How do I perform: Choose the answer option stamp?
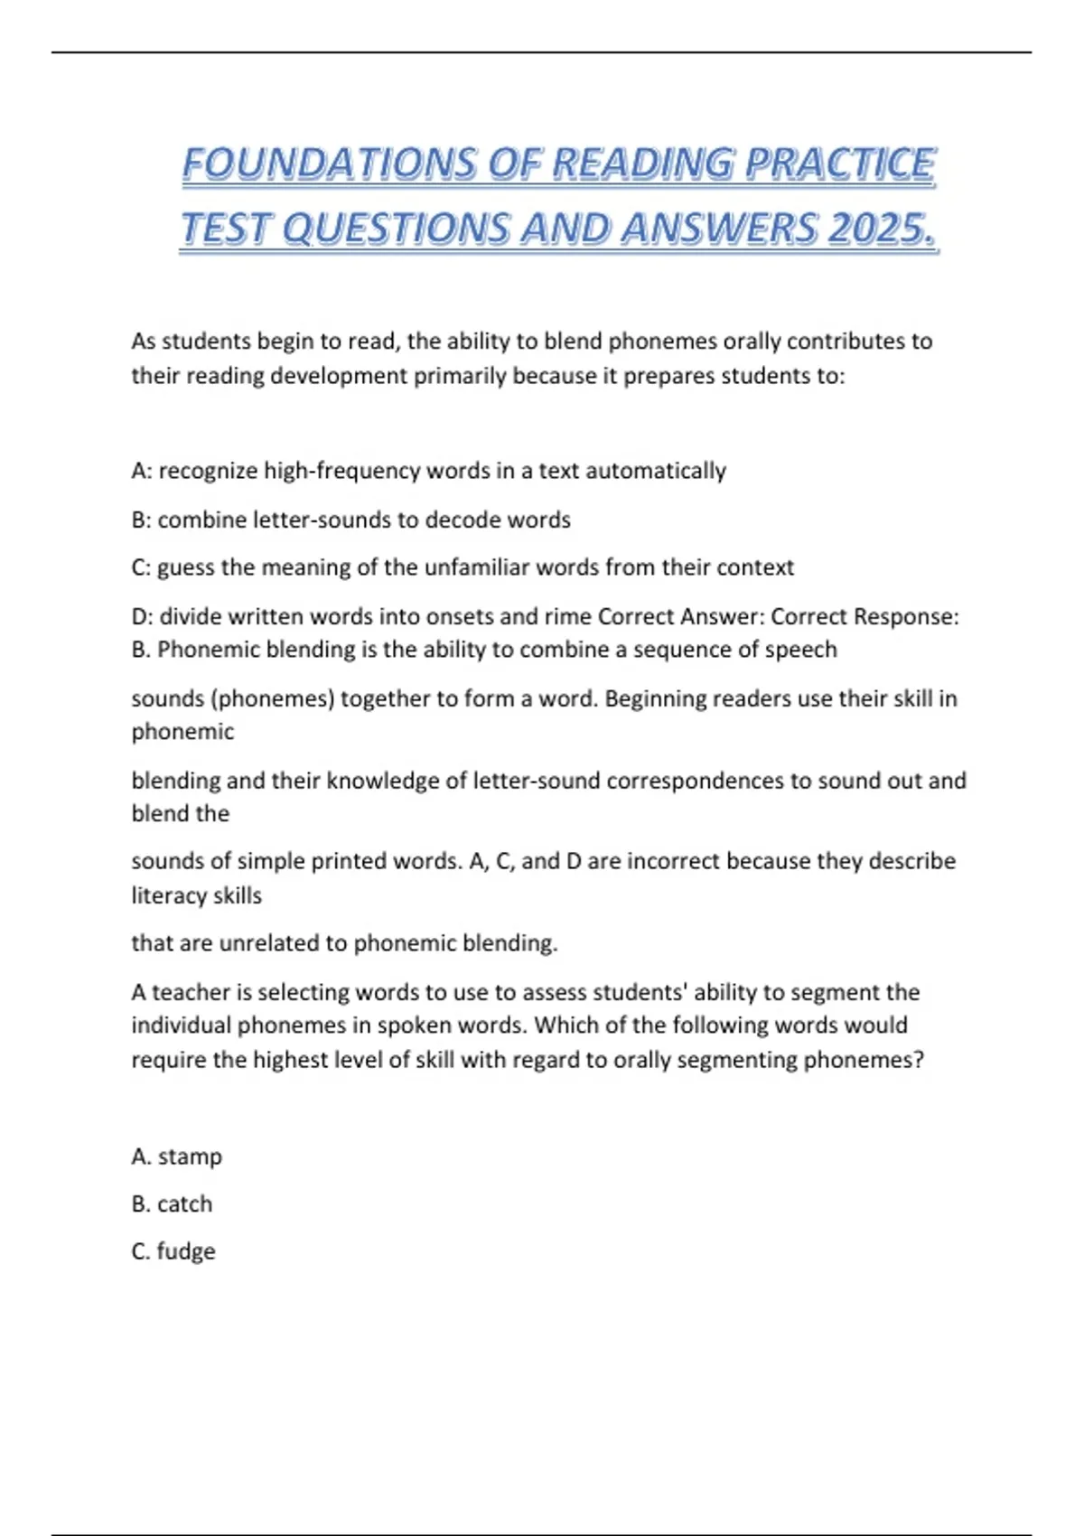(190, 1157)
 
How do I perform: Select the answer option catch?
(184, 1204)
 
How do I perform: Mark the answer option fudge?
(186, 1251)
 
